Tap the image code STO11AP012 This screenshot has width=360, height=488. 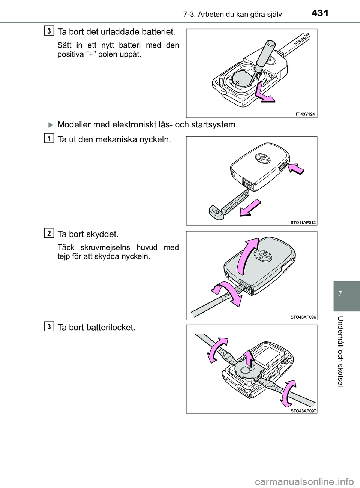tap(303, 222)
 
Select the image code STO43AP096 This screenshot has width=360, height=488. tap(303, 317)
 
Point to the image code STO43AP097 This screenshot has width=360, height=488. tap(303, 410)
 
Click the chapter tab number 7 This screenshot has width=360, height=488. tap(346, 291)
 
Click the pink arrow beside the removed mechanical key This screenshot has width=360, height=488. tap(250, 208)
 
